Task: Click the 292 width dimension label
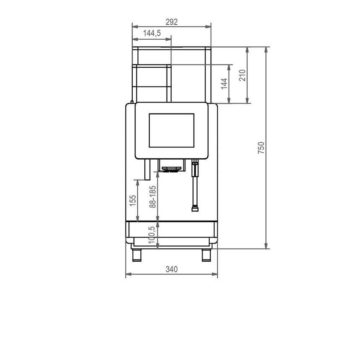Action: click(x=172, y=22)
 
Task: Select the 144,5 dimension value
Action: click(x=152, y=33)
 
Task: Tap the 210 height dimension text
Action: click(x=242, y=75)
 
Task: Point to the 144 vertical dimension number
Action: click(x=224, y=84)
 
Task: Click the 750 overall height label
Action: click(x=261, y=148)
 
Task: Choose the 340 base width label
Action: click(x=172, y=269)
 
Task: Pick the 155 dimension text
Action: click(x=133, y=201)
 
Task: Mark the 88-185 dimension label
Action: click(x=153, y=197)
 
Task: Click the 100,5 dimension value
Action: click(x=152, y=235)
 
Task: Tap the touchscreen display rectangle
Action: click(x=172, y=131)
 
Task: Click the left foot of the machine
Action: click(x=137, y=255)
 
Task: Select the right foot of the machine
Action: click(x=206, y=255)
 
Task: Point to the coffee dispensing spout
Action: click(x=170, y=169)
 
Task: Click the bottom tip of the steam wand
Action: click(x=195, y=211)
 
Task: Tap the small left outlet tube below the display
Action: click(x=147, y=170)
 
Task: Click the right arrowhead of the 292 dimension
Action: click(x=208, y=27)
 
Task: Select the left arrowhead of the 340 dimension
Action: click(x=129, y=274)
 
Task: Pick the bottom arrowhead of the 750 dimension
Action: click(x=266, y=246)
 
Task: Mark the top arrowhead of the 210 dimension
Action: click(x=247, y=50)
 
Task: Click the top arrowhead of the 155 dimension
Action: click(x=138, y=183)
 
